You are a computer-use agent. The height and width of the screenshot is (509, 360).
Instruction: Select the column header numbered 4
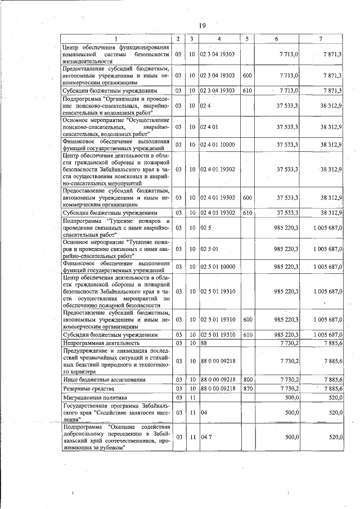pyautogui.click(x=219, y=38)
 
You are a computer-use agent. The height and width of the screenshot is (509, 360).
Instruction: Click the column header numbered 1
pyautogui.click(x=116, y=38)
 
